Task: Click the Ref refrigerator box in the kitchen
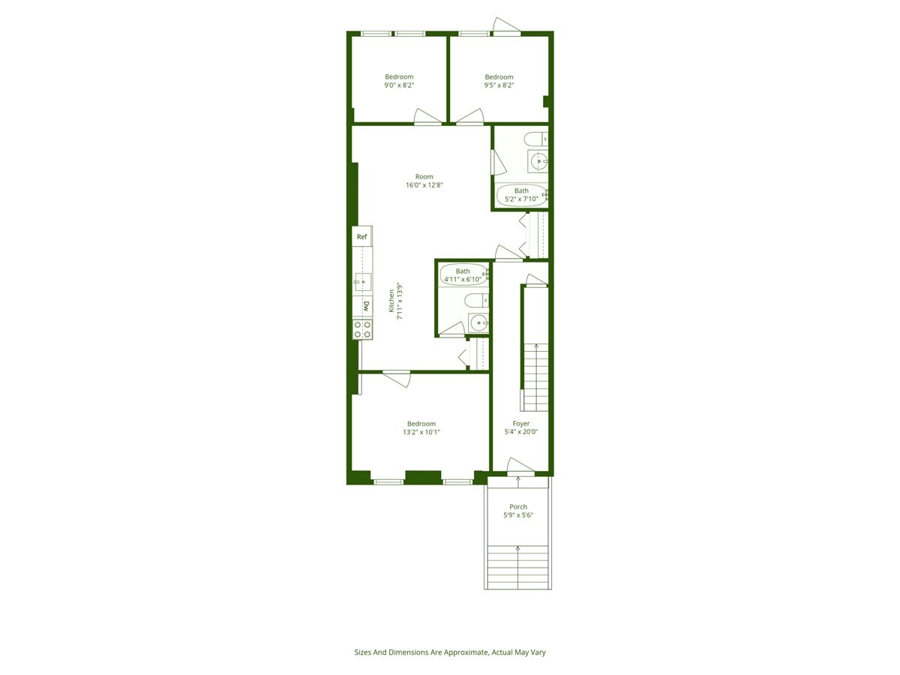click(361, 237)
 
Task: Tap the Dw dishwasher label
click(366, 306)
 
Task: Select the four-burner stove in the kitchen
click(362, 329)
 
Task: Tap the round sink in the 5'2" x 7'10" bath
click(538, 160)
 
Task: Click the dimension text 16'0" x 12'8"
click(424, 185)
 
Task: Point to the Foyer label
click(521, 424)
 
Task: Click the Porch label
click(518, 507)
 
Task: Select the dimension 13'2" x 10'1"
click(421, 432)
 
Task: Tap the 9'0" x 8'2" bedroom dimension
click(399, 85)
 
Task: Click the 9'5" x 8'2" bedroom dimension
click(499, 85)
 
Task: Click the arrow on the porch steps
click(518, 550)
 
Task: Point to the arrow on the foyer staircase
click(535, 346)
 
